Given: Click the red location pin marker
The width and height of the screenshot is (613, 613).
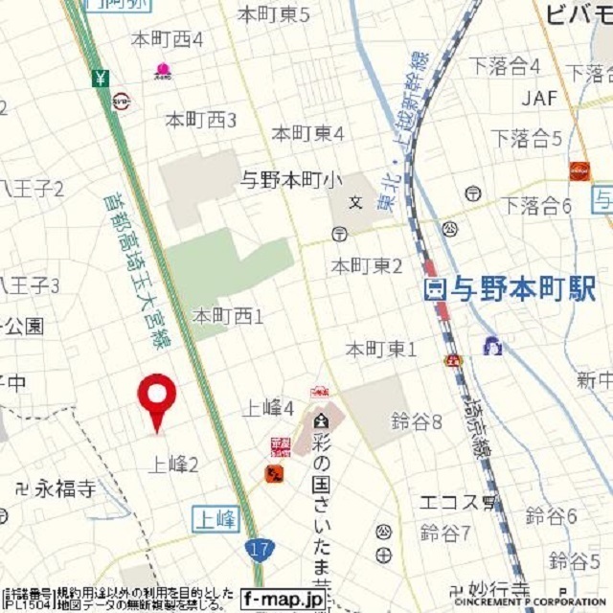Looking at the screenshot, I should click(157, 397).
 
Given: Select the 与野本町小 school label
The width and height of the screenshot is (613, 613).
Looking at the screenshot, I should click(290, 178).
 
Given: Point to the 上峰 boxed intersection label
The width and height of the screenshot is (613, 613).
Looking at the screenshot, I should click(215, 518).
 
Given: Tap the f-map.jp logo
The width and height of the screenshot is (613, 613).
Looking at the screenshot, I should click(283, 598).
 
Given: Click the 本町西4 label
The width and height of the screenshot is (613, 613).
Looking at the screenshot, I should click(169, 39).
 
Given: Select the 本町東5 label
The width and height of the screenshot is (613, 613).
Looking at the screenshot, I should click(274, 14).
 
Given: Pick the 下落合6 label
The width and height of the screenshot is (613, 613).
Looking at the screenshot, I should click(538, 205).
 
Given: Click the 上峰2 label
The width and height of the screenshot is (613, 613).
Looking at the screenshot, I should click(173, 465).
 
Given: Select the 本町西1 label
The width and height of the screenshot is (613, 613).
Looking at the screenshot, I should click(228, 314).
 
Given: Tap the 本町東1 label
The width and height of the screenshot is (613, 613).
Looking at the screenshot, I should click(381, 350).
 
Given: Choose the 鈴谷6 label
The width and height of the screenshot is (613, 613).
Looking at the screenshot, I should click(551, 517).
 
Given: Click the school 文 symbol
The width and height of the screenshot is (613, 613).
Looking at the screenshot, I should click(355, 202).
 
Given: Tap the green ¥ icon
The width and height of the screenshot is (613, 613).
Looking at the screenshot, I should click(101, 78).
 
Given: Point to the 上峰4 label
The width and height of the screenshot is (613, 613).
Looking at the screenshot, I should click(268, 408).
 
